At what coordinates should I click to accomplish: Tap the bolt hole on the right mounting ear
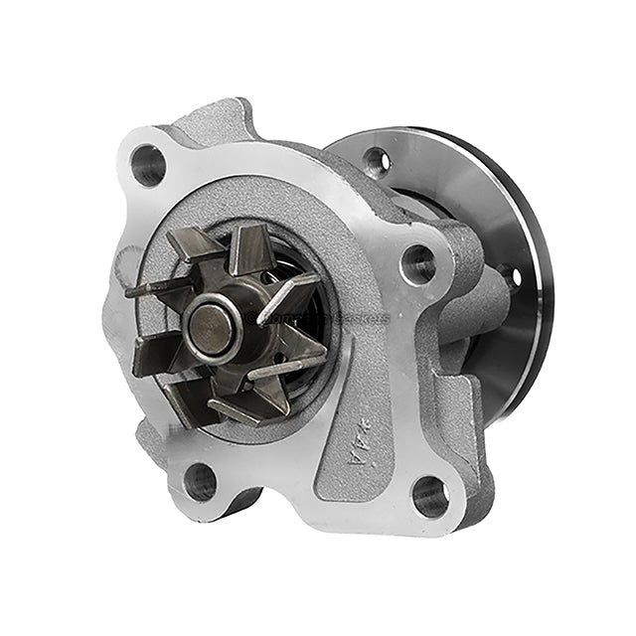coord(417,264)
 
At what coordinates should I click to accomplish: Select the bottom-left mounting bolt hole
coord(200,481)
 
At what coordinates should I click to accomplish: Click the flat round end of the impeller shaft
coord(211,330)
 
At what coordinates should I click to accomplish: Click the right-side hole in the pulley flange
coord(514,276)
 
